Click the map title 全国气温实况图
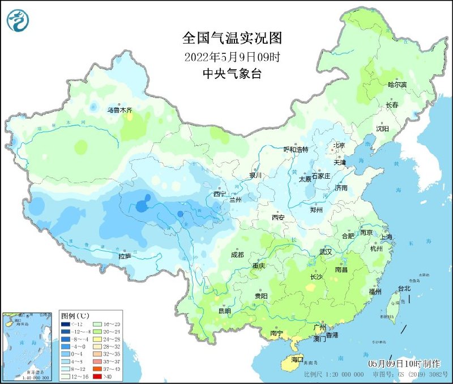click(x=232, y=38)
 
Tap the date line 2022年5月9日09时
click(x=232, y=57)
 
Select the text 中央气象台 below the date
click(x=232, y=74)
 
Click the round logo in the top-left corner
click(x=18, y=20)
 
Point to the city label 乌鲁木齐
click(x=119, y=110)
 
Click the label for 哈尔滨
click(x=397, y=85)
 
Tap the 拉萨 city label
click(x=125, y=256)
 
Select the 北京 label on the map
click(x=339, y=145)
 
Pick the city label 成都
click(x=237, y=255)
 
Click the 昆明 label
click(x=224, y=311)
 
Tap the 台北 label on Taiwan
click(x=404, y=289)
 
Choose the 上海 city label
click(x=387, y=237)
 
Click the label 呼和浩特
click(x=296, y=149)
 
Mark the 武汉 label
click(x=326, y=251)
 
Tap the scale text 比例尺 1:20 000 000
click(x=334, y=375)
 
